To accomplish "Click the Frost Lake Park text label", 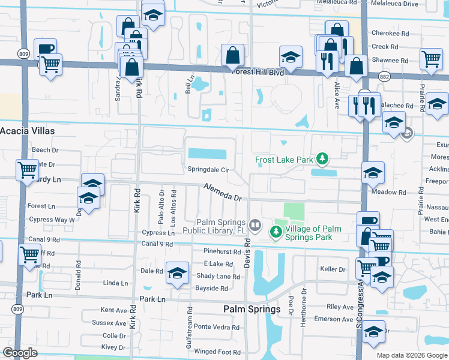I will coord(284,160).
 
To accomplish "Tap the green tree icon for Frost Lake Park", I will coord(323,159).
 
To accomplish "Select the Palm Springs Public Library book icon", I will coord(256,225).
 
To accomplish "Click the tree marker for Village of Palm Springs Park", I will coord(277,230).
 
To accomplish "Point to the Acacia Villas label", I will coord(27,131).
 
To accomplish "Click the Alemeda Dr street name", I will coord(221,192).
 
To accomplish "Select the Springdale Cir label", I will coord(208,170).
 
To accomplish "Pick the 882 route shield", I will coord(385,76).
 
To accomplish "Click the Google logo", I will coord(20,353).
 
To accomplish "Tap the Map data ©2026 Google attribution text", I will coord(411,355).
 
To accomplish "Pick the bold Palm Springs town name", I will coord(252,309).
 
